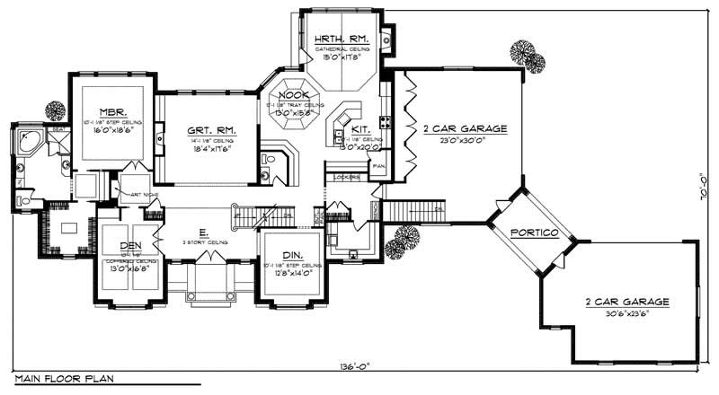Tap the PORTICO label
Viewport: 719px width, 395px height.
point(534,233)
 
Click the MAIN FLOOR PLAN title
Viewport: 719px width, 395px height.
point(56,380)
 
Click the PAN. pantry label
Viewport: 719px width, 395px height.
point(377,167)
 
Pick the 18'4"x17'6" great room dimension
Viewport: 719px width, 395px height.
point(209,149)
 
